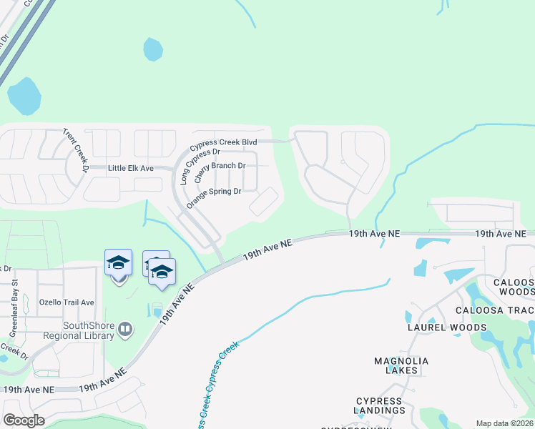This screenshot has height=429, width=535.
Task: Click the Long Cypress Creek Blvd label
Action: point(222,143)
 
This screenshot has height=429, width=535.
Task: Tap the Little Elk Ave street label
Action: point(131,168)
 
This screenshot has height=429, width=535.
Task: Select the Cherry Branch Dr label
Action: point(220,171)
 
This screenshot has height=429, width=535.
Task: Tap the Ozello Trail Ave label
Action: point(67,302)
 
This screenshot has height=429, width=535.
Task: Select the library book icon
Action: point(126,329)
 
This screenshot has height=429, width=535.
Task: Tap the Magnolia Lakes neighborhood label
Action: point(401,365)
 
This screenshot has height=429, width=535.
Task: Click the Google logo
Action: point(24,420)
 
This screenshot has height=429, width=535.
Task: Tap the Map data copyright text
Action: point(504,423)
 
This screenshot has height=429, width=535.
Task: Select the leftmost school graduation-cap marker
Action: point(118,263)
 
